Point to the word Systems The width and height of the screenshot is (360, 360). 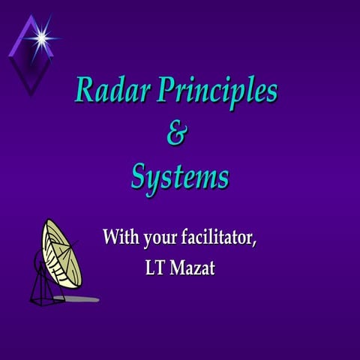(x=180, y=177)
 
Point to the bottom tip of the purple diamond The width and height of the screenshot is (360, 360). (x=31, y=94)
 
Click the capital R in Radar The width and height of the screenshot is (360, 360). (x=85, y=91)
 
